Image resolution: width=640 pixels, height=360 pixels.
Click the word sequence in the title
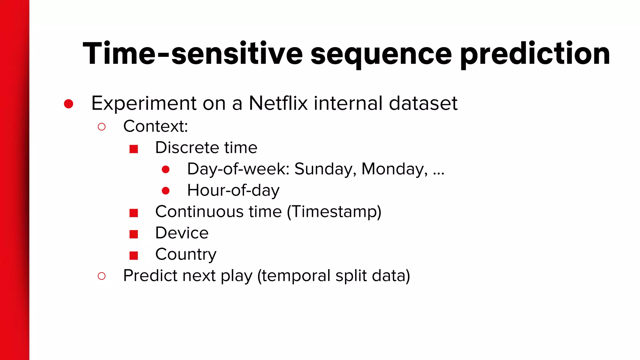pyautogui.click(x=381, y=55)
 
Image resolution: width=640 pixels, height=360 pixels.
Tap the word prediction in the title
pyautogui.click(x=535, y=55)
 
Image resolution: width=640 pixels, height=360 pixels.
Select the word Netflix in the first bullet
pyautogui.click(x=278, y=103)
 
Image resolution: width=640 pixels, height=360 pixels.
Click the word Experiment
pyautogui.click(x=144, y=104)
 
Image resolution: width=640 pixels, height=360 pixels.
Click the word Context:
pyautogui.click(x=156, y=126)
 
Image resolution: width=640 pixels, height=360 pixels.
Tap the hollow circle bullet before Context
pyautogui.click(x=102, y=127)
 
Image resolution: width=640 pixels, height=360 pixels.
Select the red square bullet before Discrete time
pyautogui.click(x=134, y=149)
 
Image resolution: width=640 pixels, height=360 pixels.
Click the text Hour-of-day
pyautogui.click(x=233, y=190)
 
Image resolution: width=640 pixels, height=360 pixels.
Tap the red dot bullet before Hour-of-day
pyautogui.click(x=166, y=191)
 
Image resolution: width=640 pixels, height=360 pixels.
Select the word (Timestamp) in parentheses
pyautogui.click(x=334, y=212)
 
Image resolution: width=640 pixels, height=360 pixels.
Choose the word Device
pyautogui.click(x=182, y=233)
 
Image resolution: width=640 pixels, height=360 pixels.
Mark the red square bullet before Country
pyautogui.click(x=134, y=256)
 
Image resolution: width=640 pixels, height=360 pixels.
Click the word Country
pyautogui.click(x=186, y=254)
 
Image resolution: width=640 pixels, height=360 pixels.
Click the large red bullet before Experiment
pyautogui.click(x=68, y=104)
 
